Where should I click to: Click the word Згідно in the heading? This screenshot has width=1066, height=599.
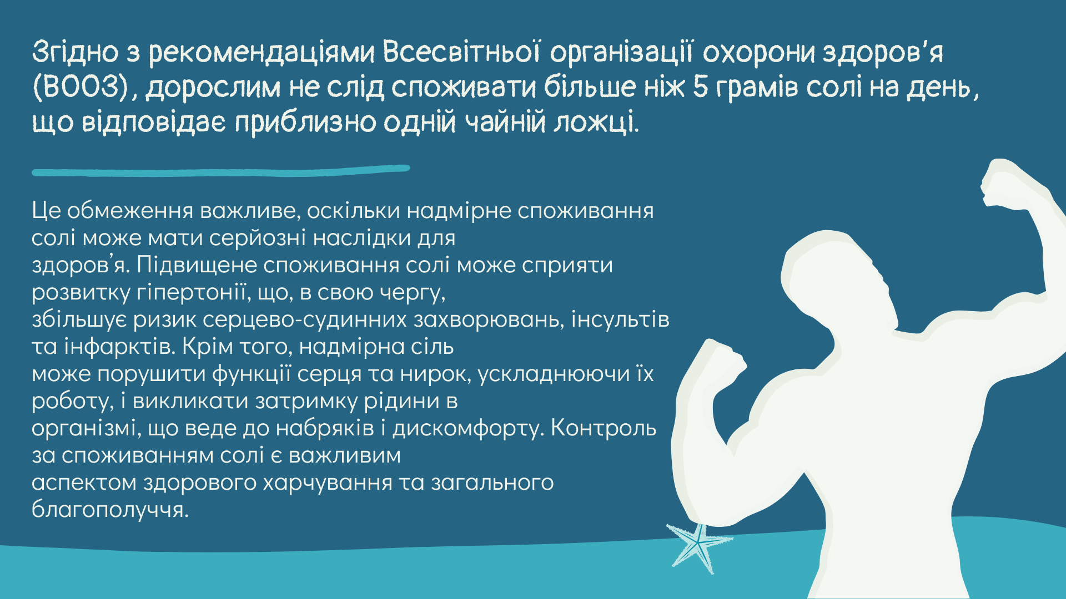(75, 53)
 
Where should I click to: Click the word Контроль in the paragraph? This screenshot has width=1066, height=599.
(604, 428)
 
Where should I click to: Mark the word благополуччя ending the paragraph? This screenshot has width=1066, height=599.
(110, 510)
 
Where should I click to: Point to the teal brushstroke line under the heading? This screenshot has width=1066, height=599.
(221, 170)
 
